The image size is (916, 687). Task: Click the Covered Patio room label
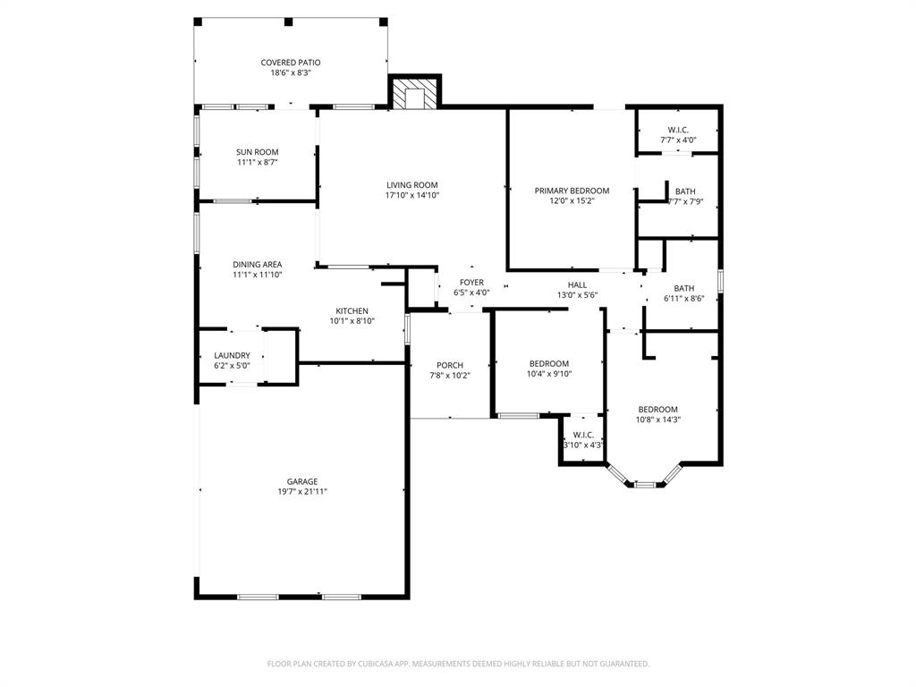(x=291, y=63)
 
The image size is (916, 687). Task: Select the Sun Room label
(x=258, y=152)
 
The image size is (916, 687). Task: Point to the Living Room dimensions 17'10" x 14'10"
(x=412, y=195)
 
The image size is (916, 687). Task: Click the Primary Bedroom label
(x=572, y=191)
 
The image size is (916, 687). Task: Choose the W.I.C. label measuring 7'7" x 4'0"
(x=678, y=130)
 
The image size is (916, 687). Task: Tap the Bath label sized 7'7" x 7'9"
(x=685, y=191)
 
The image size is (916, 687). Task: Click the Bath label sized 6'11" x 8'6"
(x=684, y=288)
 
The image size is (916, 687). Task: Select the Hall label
(x=577, y=284)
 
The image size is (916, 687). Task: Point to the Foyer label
(x=471, y=283)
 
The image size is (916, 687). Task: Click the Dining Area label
(x=258, y=265)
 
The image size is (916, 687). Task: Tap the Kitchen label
(x=352, y=311)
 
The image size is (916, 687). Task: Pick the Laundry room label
(x=232, y=355)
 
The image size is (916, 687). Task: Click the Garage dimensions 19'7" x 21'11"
(x=302, y=491)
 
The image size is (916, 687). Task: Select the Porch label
(x=450, y=365)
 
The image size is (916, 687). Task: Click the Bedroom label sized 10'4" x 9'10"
(x=549, y=363)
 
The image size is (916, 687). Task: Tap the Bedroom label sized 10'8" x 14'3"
(x=657, y=410)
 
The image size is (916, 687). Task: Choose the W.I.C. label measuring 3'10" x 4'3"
(x=583, y=435)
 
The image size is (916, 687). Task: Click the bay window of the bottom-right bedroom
(x=645, y=483)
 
